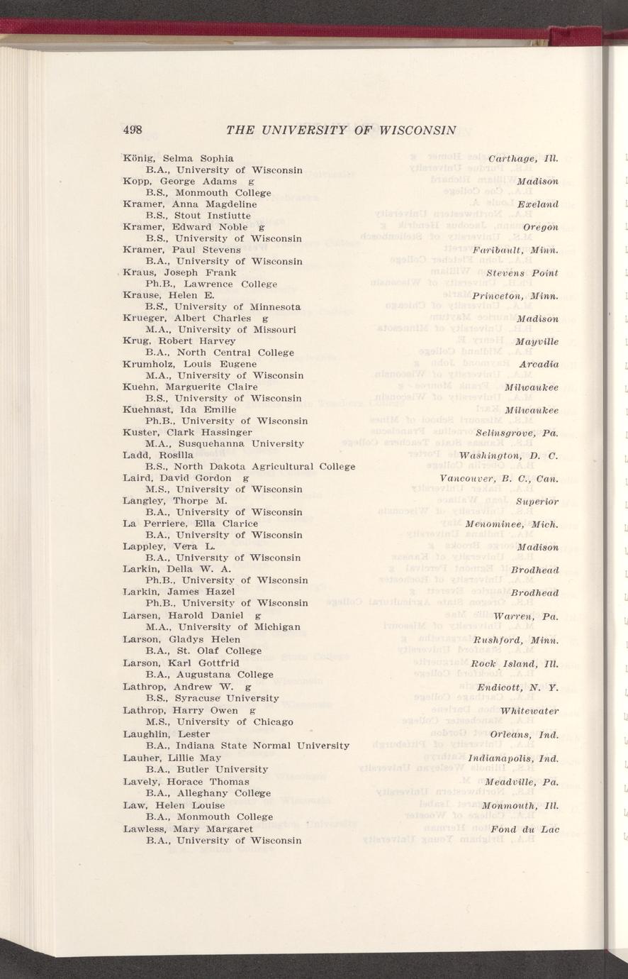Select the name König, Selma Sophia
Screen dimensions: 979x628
[178, 157]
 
